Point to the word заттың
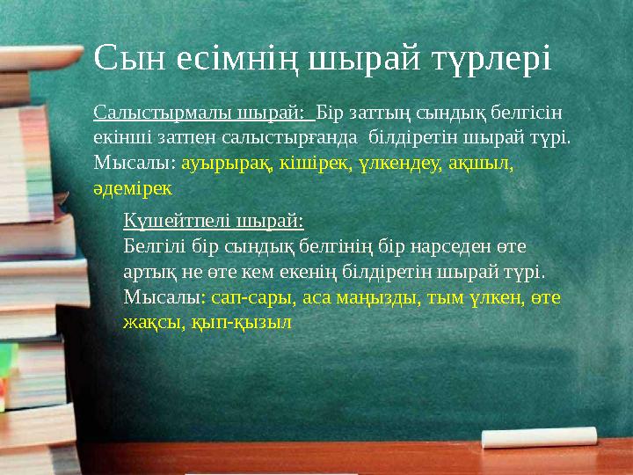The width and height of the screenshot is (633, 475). click(380, 113)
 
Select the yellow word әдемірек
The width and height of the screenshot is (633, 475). click(134, 187)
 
